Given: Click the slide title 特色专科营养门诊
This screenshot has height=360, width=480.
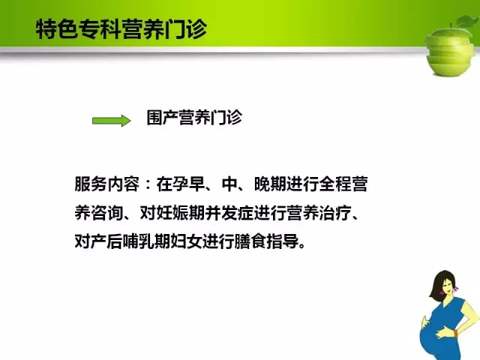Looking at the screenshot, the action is click(121, 29).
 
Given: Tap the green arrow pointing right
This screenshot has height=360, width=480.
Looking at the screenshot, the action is click(112, 121).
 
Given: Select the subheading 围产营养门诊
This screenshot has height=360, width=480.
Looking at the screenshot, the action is click(194, 117).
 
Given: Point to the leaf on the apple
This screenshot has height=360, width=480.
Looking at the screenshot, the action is click(468, 21).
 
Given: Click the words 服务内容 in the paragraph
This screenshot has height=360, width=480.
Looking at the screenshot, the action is click(107, 184).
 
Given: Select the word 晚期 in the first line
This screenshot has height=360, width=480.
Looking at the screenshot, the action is click(270, 184).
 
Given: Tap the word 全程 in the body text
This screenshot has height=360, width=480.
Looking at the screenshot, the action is click(335, 184).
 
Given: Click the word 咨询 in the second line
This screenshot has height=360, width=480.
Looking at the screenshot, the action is click(107, 213).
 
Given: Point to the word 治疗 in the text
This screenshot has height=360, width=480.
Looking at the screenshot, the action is click(335, 213).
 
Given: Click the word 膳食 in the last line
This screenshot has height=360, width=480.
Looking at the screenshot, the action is click(250, 241).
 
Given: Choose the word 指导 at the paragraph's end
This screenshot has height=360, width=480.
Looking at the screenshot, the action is click(283, 241).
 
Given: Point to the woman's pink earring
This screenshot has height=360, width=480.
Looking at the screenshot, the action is click(456, 288).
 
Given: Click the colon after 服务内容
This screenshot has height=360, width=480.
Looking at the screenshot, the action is click(148, 184).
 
